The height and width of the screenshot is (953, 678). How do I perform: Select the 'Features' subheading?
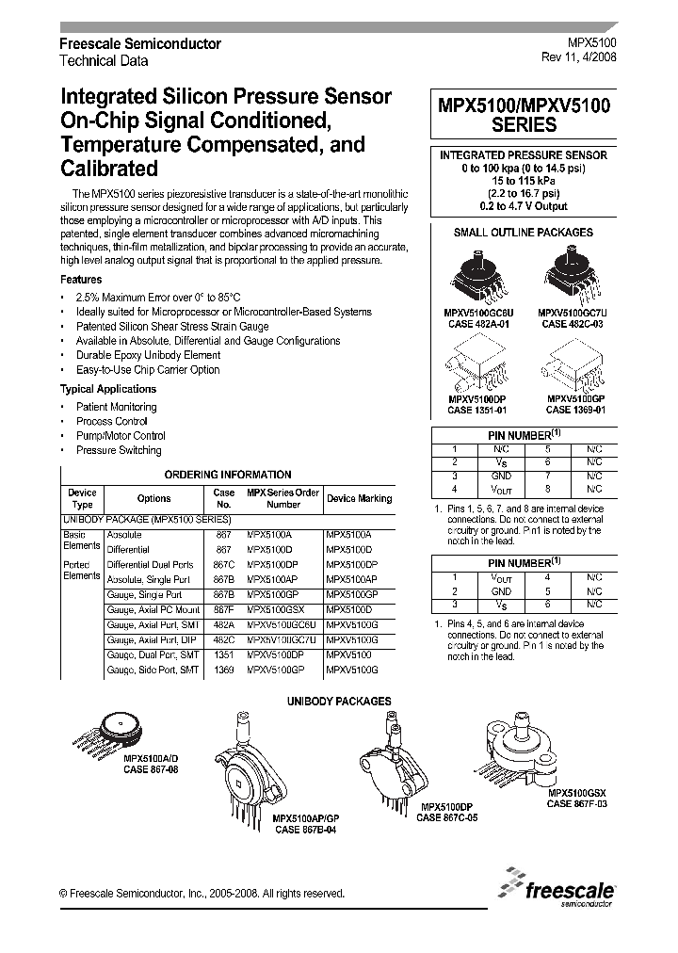pyautogui.click(x=81, y=280)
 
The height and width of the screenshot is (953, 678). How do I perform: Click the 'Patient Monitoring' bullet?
pyautogui.click(x=117, y=407)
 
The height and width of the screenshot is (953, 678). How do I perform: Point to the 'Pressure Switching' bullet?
pyautogui.click(x=119, y=450)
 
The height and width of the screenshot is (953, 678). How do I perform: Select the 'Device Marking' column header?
pyautogui.click(x=360, y=498)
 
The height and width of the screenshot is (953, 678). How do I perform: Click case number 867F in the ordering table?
pyautogui.click(x=223, y=609)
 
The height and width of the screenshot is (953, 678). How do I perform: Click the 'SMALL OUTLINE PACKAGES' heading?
pyautogui.click(x=524, y=232)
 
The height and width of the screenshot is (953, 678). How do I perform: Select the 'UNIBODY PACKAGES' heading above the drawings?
pyautogui.click(x=338, y=702)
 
